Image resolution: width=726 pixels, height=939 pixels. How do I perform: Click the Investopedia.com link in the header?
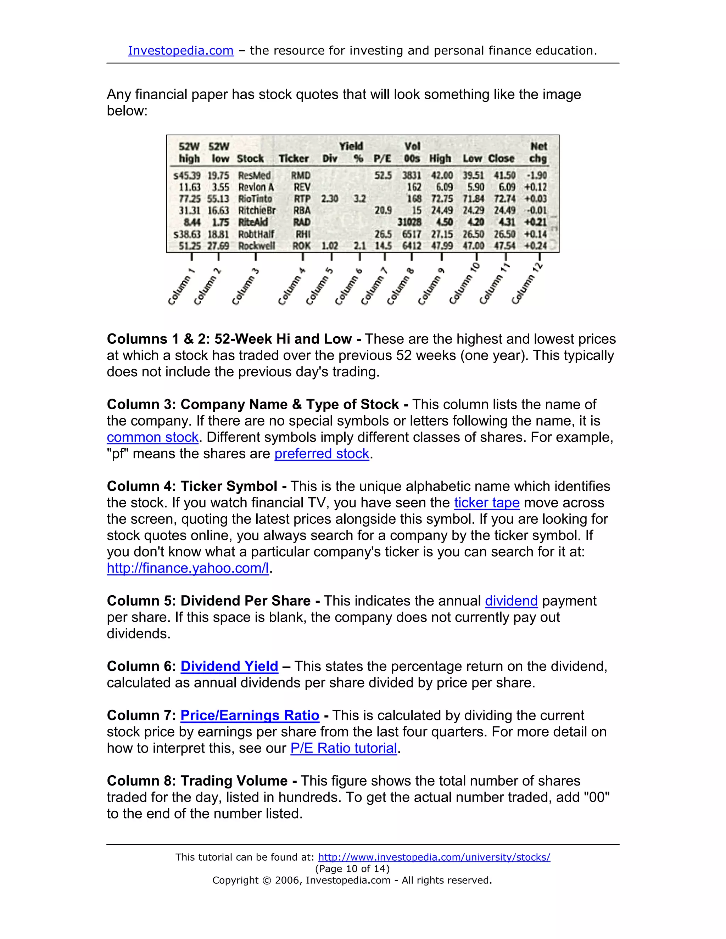click(x=181, y=51)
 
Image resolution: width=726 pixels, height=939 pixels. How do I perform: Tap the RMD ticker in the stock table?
click(x=301, y=175)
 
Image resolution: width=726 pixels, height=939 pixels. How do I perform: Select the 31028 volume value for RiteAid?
click(x=409, y=222)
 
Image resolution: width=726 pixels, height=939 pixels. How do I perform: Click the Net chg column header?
click(x=538, y=153)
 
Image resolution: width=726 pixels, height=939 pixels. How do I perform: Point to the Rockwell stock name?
click(x=257, y=246)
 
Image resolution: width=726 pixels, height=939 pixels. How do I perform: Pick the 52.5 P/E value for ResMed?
click(x=383, y=175)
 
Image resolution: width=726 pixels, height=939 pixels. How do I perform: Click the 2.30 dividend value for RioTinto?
click(x=329, y=199)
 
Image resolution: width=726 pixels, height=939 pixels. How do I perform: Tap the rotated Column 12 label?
click(x=527, y=283)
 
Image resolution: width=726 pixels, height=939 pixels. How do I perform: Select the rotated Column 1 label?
click(x=181, y=287)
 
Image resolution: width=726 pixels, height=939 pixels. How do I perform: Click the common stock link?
click(x=152, y=437)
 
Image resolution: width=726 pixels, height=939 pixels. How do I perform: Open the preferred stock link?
click(x=322, y=454)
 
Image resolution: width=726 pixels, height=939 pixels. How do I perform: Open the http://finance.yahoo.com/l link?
click(x=188, y=568)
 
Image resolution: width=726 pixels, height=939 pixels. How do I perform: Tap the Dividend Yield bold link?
click(x=229, y=666)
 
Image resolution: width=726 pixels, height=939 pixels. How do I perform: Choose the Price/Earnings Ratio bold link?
click(x=250, y=715)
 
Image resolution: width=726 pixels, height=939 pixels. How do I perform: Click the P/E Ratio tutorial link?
click(x=344, y=748)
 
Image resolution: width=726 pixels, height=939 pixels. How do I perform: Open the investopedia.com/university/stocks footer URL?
click(x=434, y=857)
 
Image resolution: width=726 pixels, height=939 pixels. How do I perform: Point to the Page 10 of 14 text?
click(x=352, y=868)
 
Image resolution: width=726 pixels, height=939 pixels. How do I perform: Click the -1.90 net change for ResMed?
click(x=536, y=175)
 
